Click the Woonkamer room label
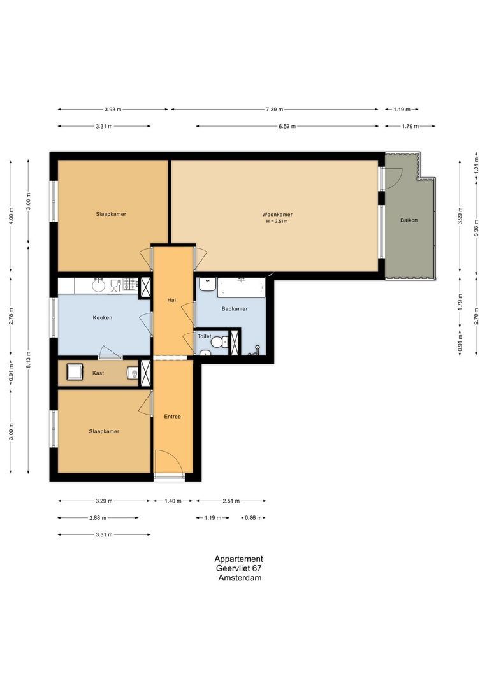(277, 214)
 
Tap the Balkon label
(409, 220)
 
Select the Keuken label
(102, 317)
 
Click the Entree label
(172, 417)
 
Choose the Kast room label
(98, 373)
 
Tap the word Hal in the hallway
(171, 299)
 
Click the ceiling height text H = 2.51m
(277, 222)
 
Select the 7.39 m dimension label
(275, 110)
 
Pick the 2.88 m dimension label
(98, 518)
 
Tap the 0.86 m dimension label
(253, 518)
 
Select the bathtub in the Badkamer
(241, 288)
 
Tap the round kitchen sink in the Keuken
(99, 285)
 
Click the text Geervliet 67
(238, 568)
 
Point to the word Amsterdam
(239, 578)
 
